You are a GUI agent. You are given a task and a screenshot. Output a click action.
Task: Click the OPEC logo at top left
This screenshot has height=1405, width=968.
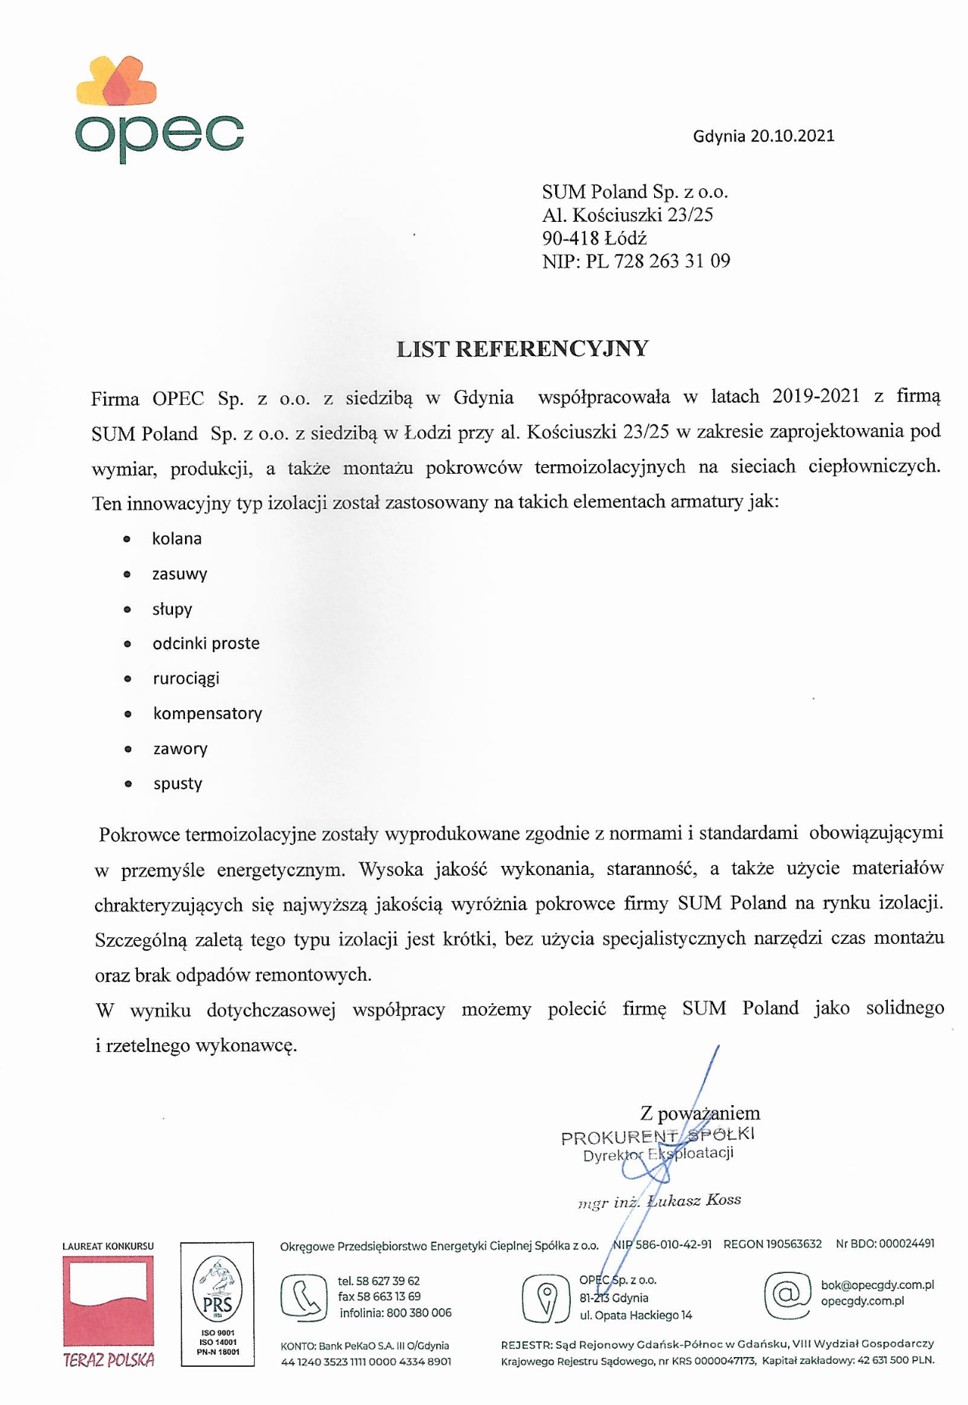pyautogui.click(x=159, y=109)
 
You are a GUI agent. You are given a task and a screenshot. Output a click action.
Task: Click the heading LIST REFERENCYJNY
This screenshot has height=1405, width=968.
pyautogui.click(x=522, y=349)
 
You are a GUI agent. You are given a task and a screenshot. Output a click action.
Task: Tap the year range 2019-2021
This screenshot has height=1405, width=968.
pyautogui.click(x=816, y=396)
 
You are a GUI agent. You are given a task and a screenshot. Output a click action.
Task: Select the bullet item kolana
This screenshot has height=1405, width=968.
pyautogui.click(x=177, y=538)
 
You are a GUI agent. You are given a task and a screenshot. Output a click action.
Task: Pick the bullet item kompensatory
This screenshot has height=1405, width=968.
pyautogui.click(x=208, y=713)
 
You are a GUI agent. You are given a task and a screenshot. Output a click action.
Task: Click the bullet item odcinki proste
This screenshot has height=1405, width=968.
pyautogui.click(x=206, y=643)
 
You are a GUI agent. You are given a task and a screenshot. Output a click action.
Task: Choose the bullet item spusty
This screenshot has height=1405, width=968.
pyautogui.click(x=178, y=783)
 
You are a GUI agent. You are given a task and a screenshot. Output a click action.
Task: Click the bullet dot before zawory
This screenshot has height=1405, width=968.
pyautogui.click(x=128, y=749)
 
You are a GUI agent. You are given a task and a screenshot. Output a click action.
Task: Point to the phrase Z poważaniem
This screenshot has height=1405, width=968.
pyautogui.click(x=700, y=1113)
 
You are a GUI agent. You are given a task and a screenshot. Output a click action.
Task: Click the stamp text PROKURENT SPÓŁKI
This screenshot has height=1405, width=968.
pyautogui.click(x=658, y=1135)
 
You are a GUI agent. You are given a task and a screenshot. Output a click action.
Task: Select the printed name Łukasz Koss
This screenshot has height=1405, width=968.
pyautogui.click(x=695, y=1200)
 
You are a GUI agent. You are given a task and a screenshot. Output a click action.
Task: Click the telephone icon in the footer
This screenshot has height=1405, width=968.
pyautogui.click(x=303, y=1298)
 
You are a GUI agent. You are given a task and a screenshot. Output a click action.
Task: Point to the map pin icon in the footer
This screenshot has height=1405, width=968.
pyautogui.click(x=546, y=1298)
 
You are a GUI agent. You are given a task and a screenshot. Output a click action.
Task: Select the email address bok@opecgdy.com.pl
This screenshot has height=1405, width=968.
pyautogui.click(x=877, y=1285)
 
